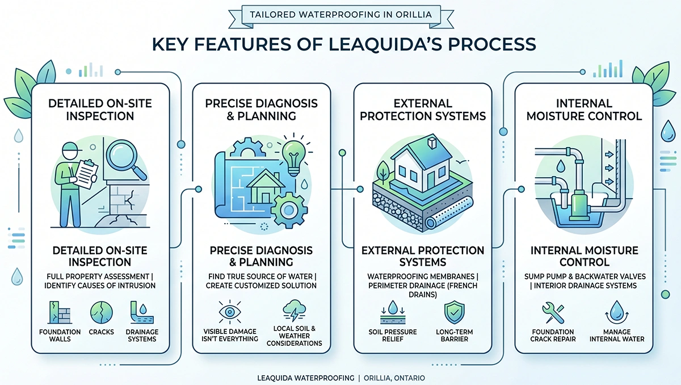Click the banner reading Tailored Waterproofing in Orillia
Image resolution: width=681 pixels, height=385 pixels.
coord(340,14)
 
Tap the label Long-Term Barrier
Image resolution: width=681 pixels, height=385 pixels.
coord(454,336)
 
